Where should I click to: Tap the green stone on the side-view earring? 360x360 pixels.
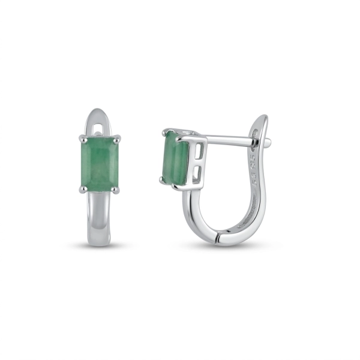pyautogui.click(x=174, y=157)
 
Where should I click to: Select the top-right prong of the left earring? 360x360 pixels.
pyautogui.click(x=118, y=139)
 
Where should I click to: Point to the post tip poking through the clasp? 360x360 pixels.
pyautogui.click(x=268, y=143)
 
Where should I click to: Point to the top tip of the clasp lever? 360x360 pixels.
pyautogui.click(x=262, y=117)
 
